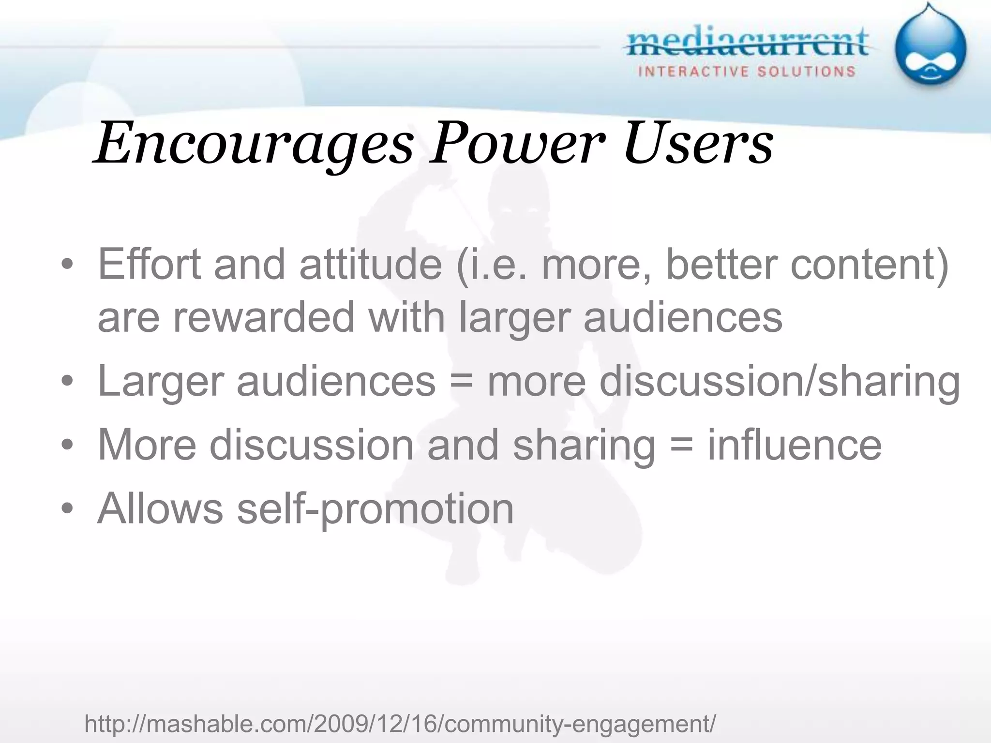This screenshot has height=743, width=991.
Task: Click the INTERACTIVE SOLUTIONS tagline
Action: pyautogui.click(x=747, y=72)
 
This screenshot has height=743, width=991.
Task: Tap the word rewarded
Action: pyautogui.click(x=264, y=317)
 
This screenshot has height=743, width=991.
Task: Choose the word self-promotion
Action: pyautogui.click(x=375, y=509)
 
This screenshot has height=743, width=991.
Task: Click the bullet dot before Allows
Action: pyautogui.click(x=67, y=509)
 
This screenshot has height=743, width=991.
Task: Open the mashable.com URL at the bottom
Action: pyautogui.click(x=400, y=724)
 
